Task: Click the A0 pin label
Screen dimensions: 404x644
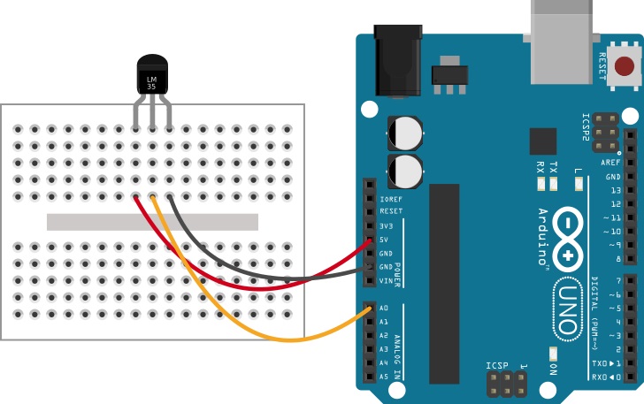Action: pos(384,309)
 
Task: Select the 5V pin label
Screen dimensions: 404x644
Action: pos(384,240)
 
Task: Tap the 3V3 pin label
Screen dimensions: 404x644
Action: pos(386,226)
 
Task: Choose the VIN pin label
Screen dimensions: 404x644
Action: pos(386,281)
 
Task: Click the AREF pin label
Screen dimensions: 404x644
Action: pos(610,163)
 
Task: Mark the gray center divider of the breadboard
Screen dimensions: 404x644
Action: pos(152,221)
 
